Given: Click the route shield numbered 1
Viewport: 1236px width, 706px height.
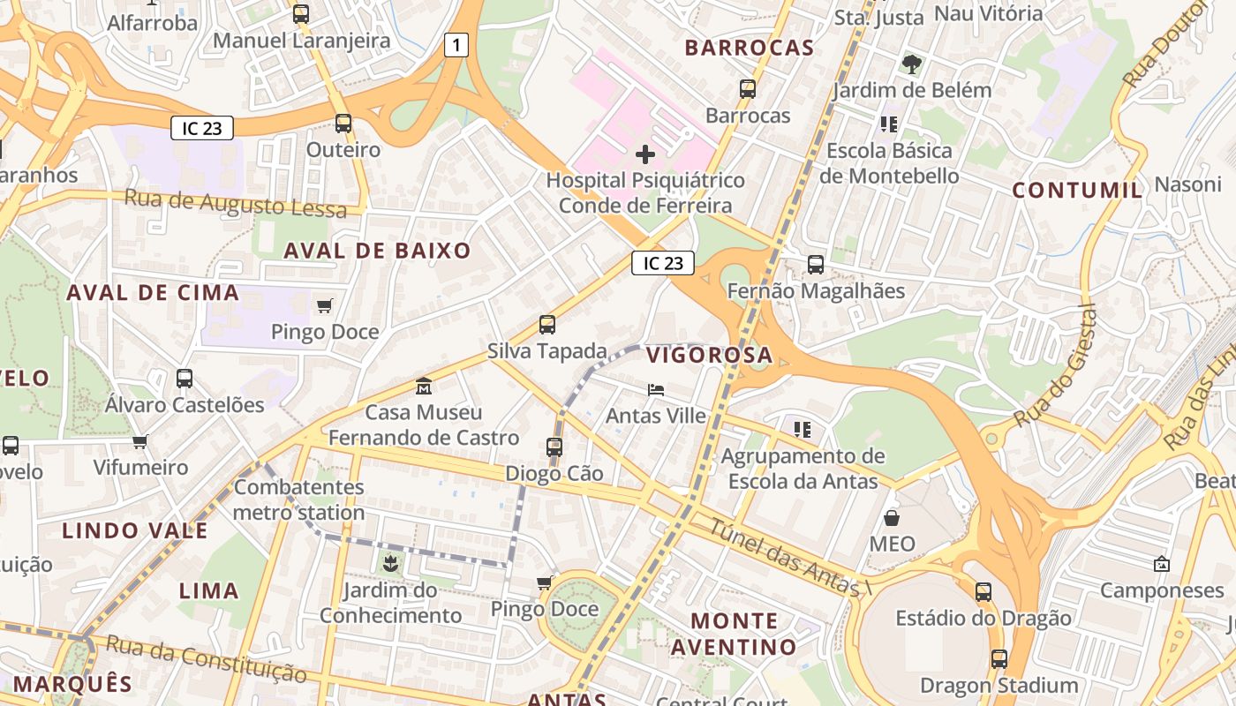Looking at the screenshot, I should tap(456, 45).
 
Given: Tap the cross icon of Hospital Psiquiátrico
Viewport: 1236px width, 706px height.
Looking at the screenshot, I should tap(645, 154).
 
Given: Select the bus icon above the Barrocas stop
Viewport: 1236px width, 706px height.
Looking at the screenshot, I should tap(748, 89).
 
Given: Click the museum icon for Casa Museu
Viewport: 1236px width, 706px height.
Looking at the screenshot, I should tap(424, 387).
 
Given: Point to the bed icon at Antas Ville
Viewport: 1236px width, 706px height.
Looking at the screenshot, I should tap(655, 389).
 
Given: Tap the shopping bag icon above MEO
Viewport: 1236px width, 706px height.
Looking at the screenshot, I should tap(892, 517).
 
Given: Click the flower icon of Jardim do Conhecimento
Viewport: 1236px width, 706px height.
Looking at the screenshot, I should tap(390, 563).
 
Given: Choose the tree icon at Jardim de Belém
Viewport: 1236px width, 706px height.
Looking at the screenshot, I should tap(912, 64).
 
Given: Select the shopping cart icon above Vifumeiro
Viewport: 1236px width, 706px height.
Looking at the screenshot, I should tap(140, 441).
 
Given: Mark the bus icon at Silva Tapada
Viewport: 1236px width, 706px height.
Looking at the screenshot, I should tap(547, 325).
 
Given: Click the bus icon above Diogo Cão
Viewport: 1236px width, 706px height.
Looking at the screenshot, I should tap(554, 447).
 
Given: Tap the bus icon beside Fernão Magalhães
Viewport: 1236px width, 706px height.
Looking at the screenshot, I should tap(816, 264).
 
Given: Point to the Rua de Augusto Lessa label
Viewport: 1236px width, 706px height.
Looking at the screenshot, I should tap(235, 203).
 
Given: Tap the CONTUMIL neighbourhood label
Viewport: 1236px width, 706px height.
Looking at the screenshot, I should tap(1077, 190).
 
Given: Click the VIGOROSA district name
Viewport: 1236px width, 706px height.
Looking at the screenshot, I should tap(709, 356).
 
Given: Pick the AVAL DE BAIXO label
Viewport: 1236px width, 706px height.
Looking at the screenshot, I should tap(377, 251).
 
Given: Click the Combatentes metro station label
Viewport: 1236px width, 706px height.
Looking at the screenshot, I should tap(298, 499).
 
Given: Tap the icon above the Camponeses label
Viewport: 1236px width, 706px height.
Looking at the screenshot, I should tap(1162, 564).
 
